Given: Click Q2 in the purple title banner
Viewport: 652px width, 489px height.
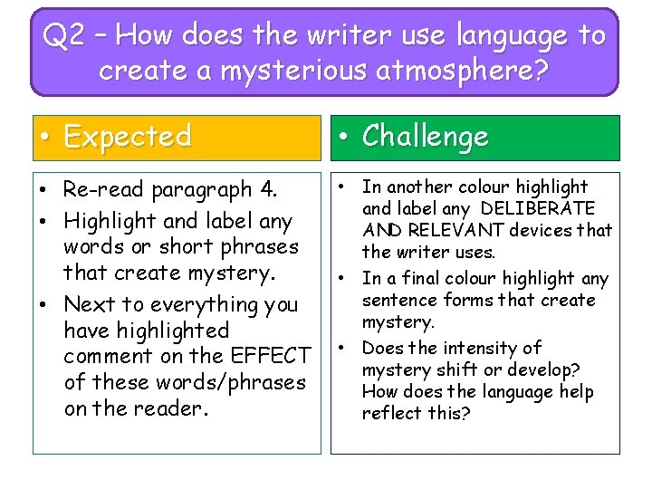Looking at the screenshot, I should coord(66,36).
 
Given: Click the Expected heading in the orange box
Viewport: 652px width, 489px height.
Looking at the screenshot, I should coord(128,137).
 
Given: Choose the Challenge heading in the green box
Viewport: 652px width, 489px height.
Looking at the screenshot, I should coord(425,137).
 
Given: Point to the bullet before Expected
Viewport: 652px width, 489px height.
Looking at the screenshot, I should coord(44,138).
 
